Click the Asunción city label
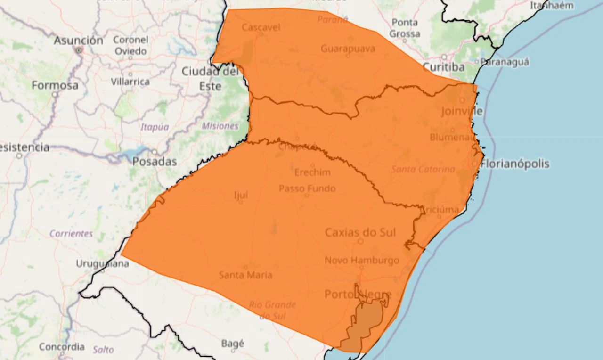(78, 41)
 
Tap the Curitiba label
(443, 67)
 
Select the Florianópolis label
(515, 164)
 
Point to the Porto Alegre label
(358, 295)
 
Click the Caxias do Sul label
(360, 232)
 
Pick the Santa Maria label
(245, 275)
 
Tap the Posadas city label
(155, 162)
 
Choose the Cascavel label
(261, 27)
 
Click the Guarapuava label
(348, 49)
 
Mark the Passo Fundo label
(307, 188)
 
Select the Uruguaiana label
(102, 264)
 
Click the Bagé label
(233, 344)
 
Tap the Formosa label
(55, 86)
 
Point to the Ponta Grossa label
(405, 28)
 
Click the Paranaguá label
(505, 62)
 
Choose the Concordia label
(62, 347)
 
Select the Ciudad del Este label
(210, 79)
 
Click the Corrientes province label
(71, 234)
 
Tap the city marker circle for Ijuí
(240, 202)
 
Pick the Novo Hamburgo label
(362, 260)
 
